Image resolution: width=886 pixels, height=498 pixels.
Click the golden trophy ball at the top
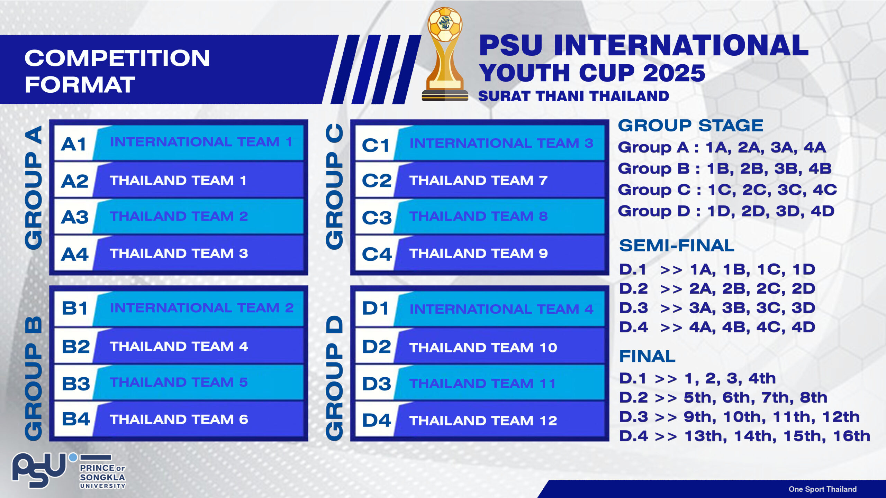click(445, 25)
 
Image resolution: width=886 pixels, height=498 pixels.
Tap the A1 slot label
click(73, 144)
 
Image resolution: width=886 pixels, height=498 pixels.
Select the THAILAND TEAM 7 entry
click(478, 180)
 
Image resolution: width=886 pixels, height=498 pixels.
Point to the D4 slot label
click(377, 421)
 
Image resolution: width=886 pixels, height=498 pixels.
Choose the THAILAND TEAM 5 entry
click(179, 382)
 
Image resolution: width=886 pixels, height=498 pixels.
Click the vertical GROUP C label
click(335, 186)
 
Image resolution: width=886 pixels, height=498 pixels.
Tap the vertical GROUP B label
click(34, 378)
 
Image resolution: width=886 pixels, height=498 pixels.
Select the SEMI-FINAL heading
click(677, 246)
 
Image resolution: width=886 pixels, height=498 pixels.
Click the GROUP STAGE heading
click(690, 125)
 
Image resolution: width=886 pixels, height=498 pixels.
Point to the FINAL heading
click(647, 356)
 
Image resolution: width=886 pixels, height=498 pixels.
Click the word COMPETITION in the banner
click(117, 58)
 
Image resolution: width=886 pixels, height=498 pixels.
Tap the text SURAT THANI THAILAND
click(573, 96)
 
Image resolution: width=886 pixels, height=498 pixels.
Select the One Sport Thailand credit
click(823, 489)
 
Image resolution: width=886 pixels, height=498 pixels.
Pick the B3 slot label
click(76, 384)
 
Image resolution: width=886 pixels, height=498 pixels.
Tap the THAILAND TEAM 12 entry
click(483, 421)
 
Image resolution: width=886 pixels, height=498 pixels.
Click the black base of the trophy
click(445, 95)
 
